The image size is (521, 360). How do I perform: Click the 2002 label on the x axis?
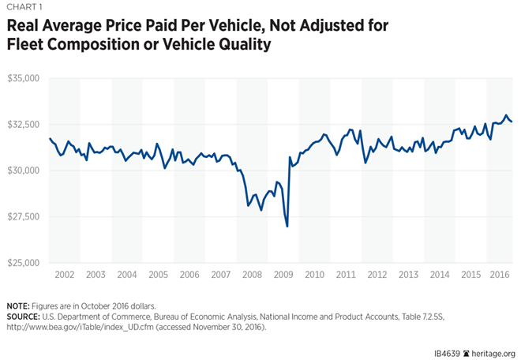pos(65,274)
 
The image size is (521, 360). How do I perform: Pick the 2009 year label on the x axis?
pos(283,274)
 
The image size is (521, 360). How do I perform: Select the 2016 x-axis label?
pos(500,274)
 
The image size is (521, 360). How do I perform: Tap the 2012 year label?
pos(376,274)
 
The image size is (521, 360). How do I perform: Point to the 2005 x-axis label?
pos(158,274)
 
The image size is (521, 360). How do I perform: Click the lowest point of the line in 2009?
pos(287,227)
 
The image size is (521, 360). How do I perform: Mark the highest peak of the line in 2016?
pos(506,115)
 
